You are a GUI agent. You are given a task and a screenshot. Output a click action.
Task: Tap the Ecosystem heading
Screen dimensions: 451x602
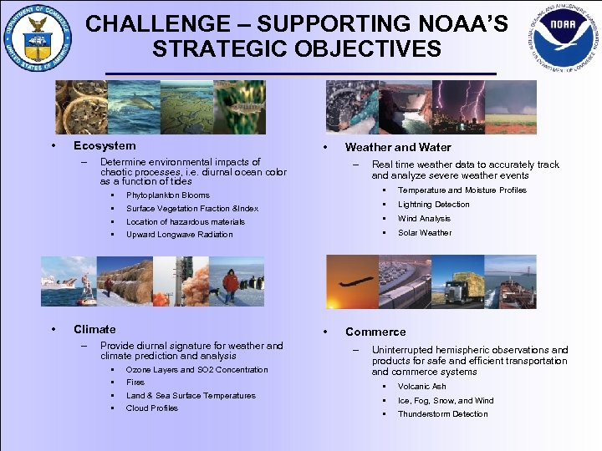(x=105, y=145)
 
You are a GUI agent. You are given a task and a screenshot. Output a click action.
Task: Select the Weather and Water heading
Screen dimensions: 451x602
(x=398, y=148)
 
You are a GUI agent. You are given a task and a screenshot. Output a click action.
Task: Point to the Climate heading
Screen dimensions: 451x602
(x=94, y=329)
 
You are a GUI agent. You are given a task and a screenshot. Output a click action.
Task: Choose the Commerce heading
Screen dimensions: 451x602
(x=375, y=332)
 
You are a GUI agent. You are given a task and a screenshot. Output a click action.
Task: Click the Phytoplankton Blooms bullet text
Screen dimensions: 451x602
(x=167, y=195)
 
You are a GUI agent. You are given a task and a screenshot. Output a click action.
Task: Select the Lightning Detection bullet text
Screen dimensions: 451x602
(x=433, y=205)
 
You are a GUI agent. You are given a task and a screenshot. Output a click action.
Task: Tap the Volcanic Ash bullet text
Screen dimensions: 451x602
(x=421, y=387)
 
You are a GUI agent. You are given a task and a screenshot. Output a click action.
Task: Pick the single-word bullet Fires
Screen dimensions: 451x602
(x=135, y=383)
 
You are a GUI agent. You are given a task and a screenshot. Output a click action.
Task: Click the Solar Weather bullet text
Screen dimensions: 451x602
(x=424, y=233)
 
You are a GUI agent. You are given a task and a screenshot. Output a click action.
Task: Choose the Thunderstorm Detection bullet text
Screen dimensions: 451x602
(x=442, y=414)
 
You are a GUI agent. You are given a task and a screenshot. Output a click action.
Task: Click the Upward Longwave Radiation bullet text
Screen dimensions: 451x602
(x=179, y=235)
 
